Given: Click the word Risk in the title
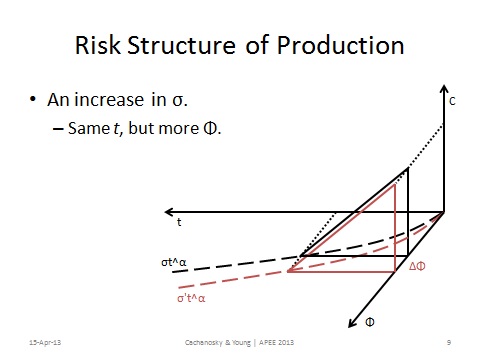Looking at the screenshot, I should (x=100, y=46).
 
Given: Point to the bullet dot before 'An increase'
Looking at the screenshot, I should (x=34, y=102).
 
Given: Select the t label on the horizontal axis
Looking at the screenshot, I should (x=179, y=222).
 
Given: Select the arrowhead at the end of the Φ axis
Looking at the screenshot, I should (x=351, y=322).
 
